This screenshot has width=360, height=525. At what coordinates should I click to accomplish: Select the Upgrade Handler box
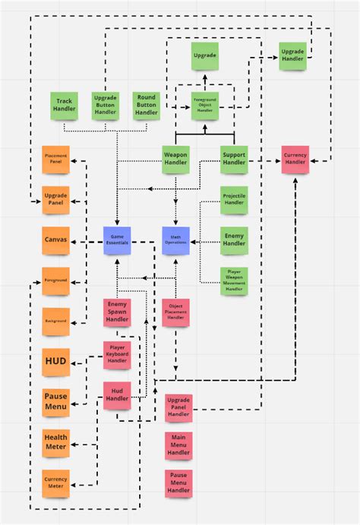[292, 55]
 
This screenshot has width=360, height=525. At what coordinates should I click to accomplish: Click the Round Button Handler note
[147, 105]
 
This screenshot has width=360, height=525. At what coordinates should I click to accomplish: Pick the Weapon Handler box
[176, 159]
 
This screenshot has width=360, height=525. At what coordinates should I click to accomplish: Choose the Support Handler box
[234, 159]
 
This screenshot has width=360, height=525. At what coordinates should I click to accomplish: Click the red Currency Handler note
[295, 160]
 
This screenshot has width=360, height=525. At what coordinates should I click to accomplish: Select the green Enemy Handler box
[234, 239]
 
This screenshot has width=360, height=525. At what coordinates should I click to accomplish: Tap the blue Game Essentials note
[117, 240]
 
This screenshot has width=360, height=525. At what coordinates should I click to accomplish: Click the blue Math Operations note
[175, 240]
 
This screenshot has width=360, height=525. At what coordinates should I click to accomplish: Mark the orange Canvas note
[55, 240]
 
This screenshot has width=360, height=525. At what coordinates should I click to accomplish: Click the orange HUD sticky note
[55, 362]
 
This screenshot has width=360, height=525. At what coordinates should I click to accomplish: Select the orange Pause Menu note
[55, 402]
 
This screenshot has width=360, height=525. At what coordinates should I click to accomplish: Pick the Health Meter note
[55, 442]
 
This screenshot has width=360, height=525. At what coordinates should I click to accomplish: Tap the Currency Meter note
[55, 483]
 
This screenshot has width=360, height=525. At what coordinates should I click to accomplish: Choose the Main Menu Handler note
[178, 445]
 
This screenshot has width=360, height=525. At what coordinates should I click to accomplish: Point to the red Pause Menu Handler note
[178, 484]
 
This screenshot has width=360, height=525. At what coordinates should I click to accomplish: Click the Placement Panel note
[55, 159]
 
